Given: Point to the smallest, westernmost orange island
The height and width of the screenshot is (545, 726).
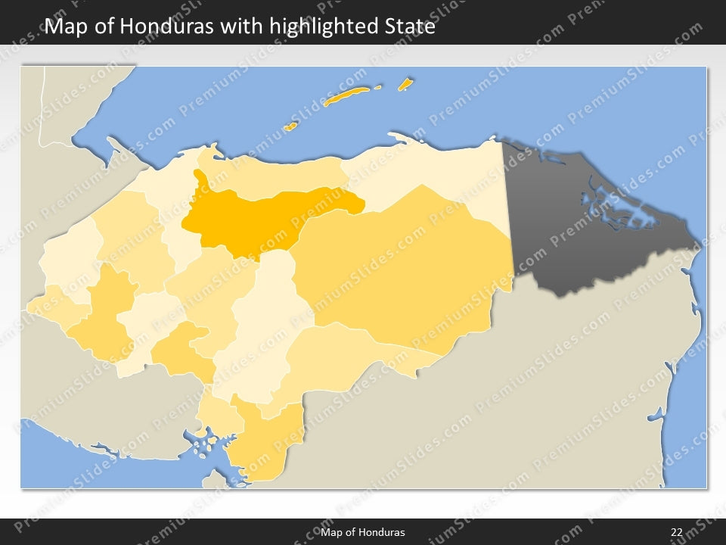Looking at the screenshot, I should pyautogui.click(x=290, y=126).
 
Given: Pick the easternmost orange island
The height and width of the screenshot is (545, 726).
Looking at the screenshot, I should pyautogui.click(x=405, y=83).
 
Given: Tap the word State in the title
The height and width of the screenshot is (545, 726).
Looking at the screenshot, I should pyautogui.click(x=408, y=26).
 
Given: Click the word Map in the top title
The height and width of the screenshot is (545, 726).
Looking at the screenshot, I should pyautogui.click(x=64, y=26).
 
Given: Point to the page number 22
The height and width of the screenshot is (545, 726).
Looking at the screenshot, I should pyautogui.click(x=677, y=532).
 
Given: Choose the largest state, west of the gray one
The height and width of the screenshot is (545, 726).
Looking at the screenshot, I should pyautogui.click(x=408, y=265).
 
